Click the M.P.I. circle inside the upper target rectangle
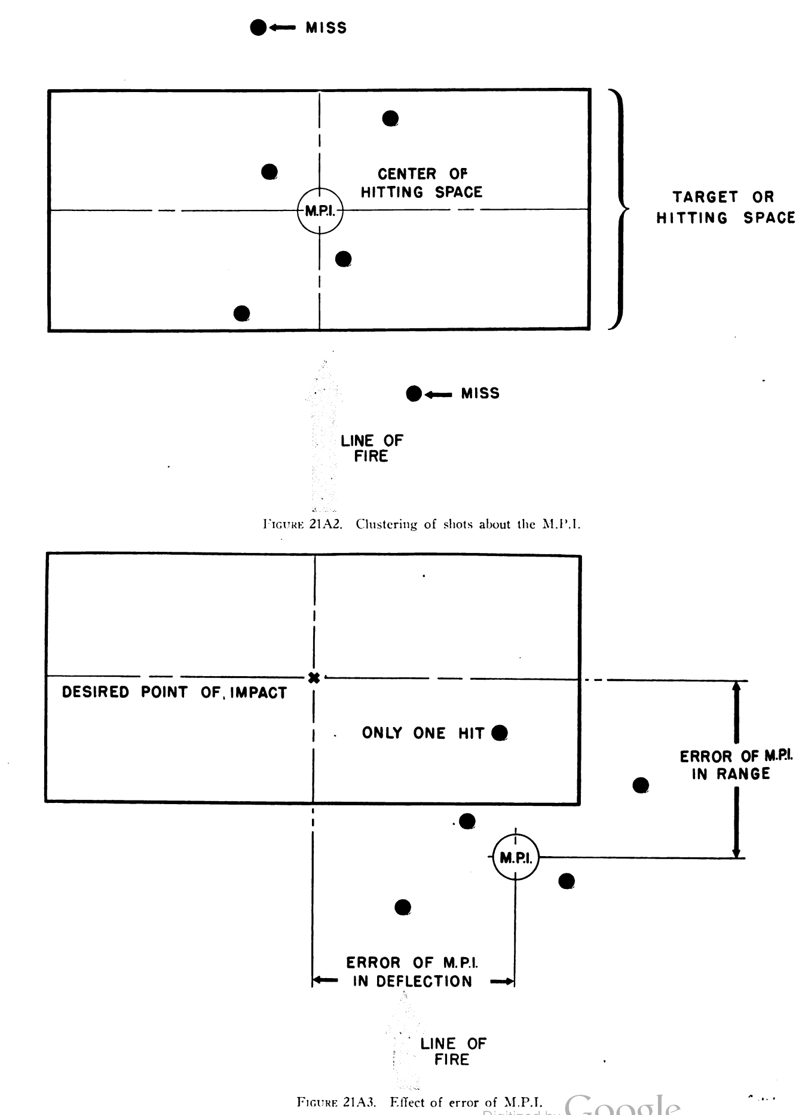[320, 210]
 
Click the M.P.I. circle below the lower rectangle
[516, 858]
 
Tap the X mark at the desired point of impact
[314, 677]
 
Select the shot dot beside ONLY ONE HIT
[500, 733]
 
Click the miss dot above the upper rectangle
[258, 28]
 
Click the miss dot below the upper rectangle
[414, 394]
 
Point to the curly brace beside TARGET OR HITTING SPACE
[619, 209]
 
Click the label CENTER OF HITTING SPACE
[421, 183]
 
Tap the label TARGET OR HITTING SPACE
[725, 207]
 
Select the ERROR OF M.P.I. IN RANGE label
[736, 765]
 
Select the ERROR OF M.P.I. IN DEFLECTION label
[412, 972]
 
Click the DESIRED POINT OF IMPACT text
[175, 692]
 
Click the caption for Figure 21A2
[421, 524]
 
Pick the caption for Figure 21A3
[420, 1102]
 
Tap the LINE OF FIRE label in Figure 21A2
[372, 448]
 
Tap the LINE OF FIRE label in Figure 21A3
[453, 1052]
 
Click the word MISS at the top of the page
[326, 28]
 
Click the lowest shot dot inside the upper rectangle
[241, 313]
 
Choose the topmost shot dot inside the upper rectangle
[390, 118]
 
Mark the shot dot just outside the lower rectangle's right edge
[641, 785]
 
